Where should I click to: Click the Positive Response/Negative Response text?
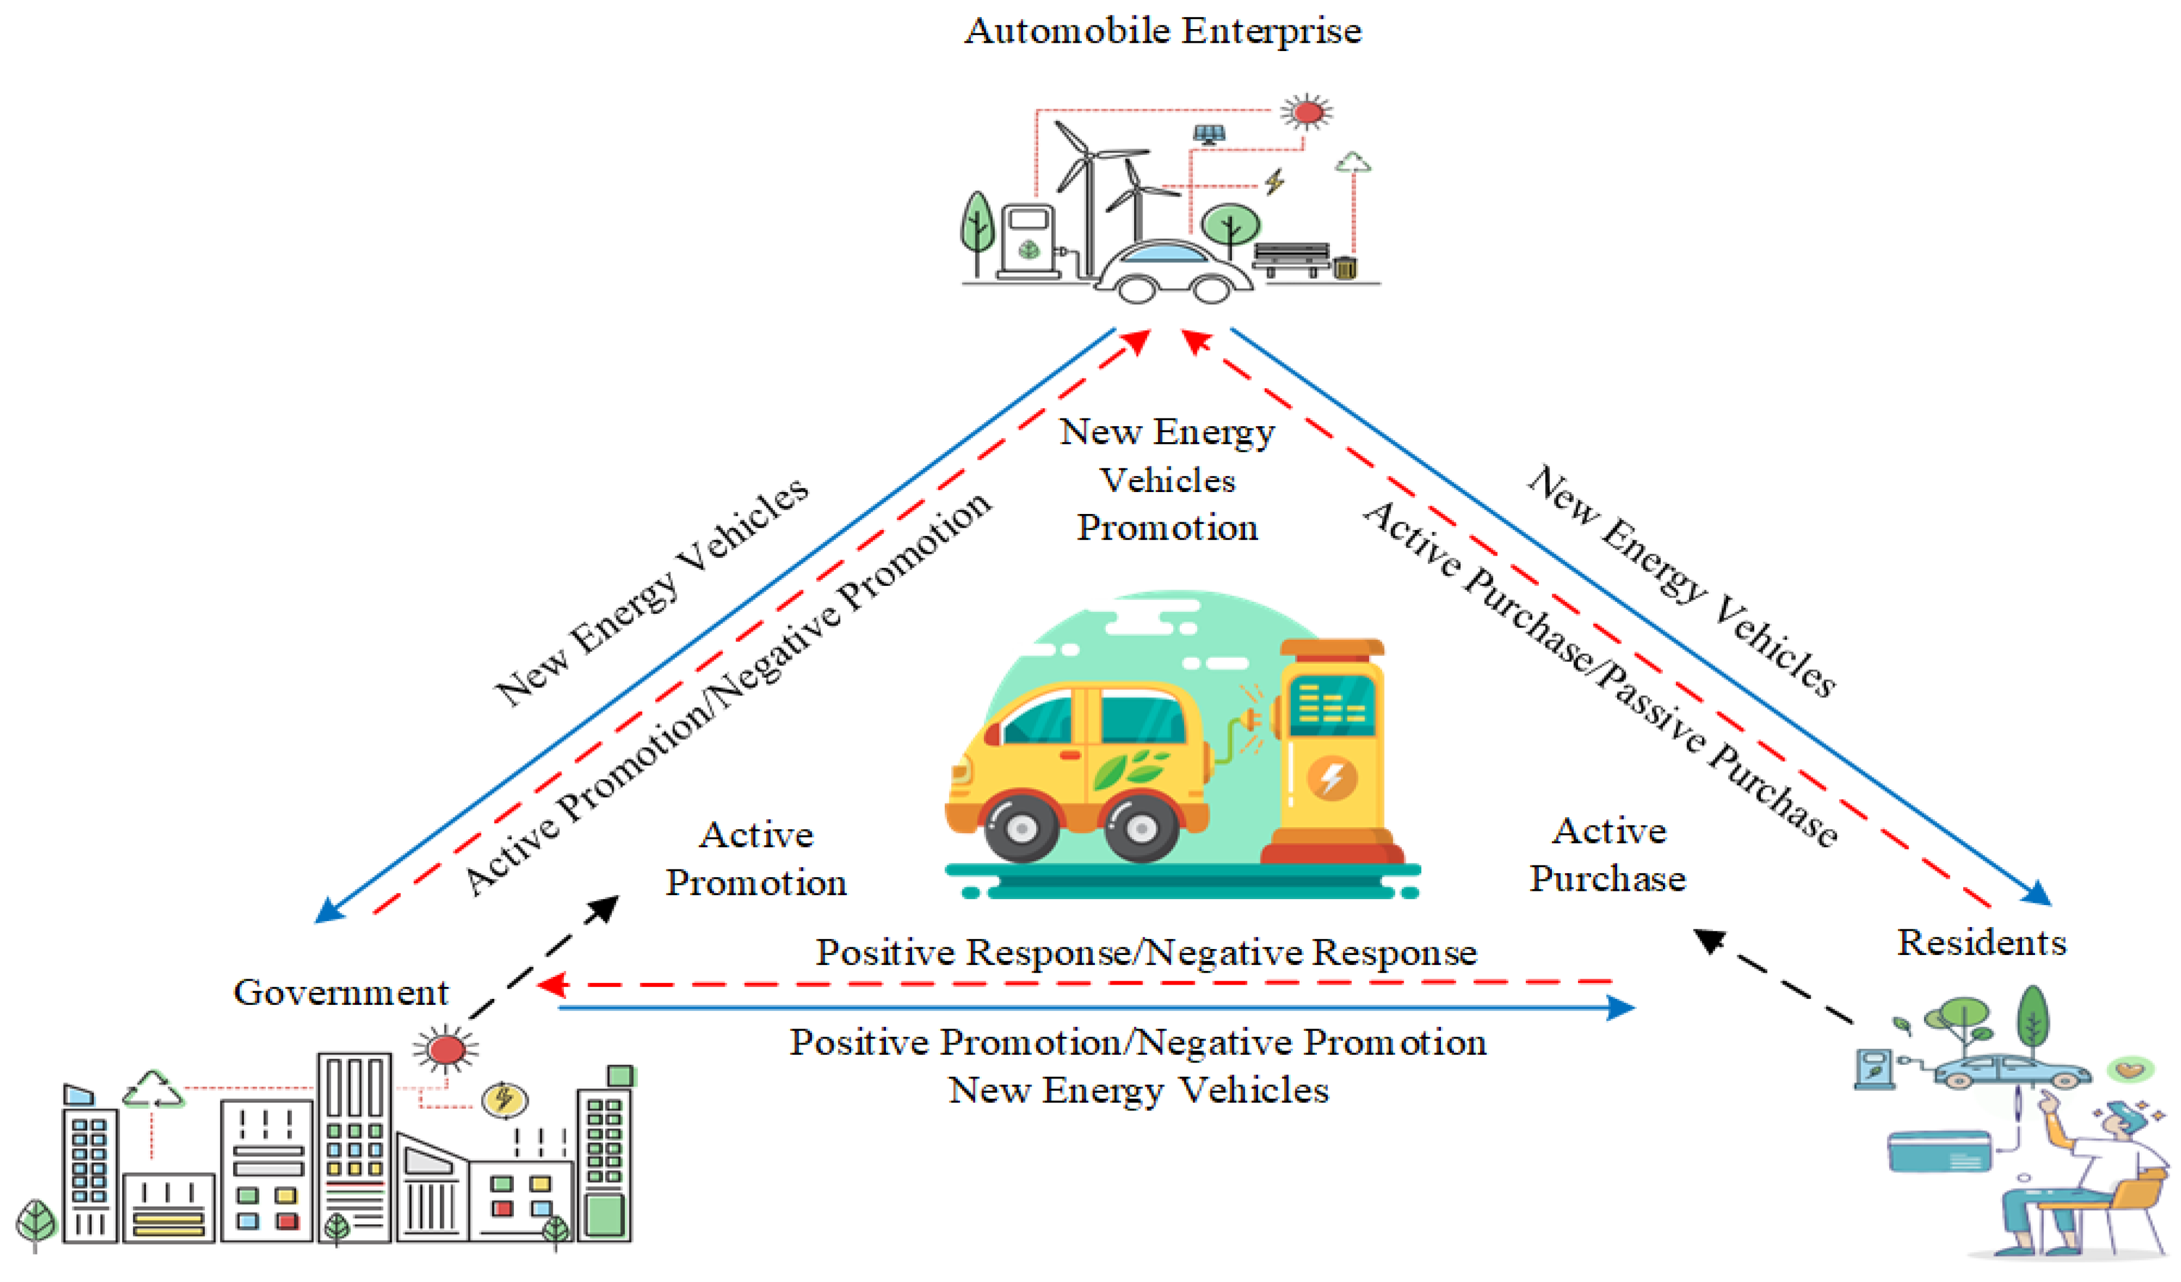pos(1146,952)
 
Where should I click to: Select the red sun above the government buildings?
pos(446,1049)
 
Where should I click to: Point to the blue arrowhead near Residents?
pos(2037,893)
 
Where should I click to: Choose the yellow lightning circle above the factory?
pos(504,1099)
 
